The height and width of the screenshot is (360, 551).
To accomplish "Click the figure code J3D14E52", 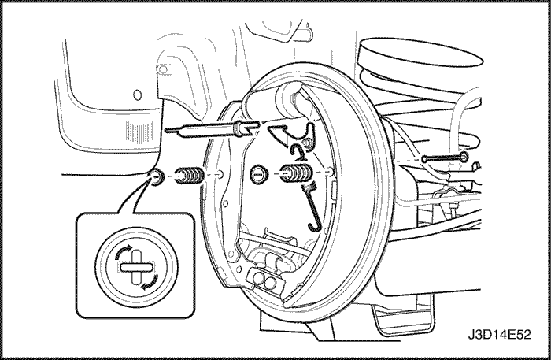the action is coord(499,335).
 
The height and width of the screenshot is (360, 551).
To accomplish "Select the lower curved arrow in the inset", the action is coord(150,283).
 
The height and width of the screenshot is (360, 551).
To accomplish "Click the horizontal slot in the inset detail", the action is coord(136,268).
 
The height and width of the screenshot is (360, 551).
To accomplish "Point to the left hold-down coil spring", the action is coord(189,175).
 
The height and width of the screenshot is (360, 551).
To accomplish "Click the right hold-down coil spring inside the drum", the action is coord(295,173).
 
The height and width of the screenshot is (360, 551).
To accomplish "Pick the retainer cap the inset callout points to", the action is coord(156,176).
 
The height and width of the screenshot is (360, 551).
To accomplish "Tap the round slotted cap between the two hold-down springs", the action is coord(259,173).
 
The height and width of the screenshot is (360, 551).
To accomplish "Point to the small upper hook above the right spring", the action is coord(298,151).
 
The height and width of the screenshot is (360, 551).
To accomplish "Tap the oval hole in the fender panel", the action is coord(138,95).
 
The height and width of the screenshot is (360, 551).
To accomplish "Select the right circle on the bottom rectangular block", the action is coord(271,282).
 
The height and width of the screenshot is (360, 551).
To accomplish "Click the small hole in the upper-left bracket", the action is coord(162,69).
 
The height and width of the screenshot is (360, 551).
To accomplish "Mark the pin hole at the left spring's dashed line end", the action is coord(220,173).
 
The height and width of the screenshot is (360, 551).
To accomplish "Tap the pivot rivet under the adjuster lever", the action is coord(306,143).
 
